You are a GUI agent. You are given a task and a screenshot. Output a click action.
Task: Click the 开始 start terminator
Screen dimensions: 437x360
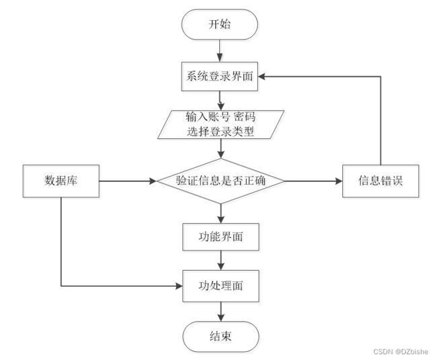coord(220,24)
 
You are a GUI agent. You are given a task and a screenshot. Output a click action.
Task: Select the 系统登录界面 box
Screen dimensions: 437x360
coord(220,77)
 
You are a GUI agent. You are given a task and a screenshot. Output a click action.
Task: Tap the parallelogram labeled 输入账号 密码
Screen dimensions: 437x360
coord(221,124)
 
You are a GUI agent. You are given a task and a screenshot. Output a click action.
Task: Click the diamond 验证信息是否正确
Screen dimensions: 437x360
coord(221,181)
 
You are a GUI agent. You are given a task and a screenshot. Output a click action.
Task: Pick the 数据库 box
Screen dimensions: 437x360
coord(61,181)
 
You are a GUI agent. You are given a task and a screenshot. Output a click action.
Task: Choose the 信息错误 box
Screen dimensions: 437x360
coord(381,181)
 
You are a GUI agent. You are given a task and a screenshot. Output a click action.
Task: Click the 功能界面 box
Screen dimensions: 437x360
coord(221,237)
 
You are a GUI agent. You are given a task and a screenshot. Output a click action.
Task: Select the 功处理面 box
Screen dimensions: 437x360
coord(221,286)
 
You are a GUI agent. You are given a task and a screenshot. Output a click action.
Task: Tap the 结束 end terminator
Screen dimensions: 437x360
coord(221,336)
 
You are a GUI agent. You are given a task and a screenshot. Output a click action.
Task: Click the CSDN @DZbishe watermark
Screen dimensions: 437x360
coord(401,351)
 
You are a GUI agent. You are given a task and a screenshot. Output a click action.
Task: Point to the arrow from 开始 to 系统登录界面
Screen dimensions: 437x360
coord(220,50)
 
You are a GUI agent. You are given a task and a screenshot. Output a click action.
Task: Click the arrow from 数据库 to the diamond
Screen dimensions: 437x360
coord(128,181)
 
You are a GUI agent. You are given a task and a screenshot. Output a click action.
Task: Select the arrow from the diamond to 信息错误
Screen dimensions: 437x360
coord(313,181)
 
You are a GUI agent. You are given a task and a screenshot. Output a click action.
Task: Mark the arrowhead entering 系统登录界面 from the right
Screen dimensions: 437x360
coord(262,77)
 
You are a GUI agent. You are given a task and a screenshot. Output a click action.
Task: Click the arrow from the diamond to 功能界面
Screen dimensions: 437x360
coord(221,214)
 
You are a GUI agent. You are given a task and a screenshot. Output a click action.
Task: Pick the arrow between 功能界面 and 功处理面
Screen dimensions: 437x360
coord(221,261)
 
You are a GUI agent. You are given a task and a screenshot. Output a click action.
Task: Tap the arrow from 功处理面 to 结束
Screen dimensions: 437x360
coord(221,312)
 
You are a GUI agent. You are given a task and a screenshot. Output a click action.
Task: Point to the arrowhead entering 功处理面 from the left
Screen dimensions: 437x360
coord(179,286)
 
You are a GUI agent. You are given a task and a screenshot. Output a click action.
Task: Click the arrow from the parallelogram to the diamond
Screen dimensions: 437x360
coord(221,148)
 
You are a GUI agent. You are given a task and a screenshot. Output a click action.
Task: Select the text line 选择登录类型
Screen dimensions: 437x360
coord(221,132)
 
